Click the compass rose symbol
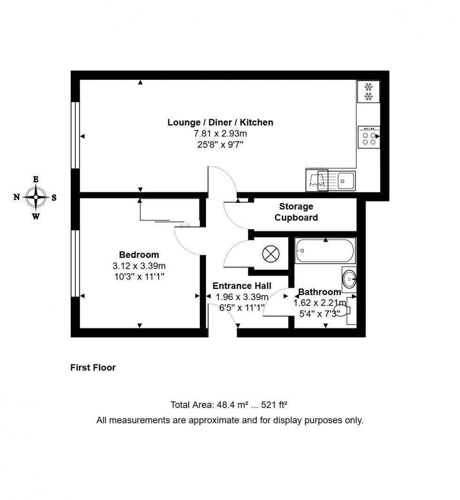pos(36,197)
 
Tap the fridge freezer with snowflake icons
pos(368,92)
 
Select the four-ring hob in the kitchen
pos(368,137)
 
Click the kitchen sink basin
pos(347,180)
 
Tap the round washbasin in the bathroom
pos(349,280)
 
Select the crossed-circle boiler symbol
pos(271,254)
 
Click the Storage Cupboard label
pos(296,212)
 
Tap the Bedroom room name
pos(139,255)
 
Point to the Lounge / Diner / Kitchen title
pos(220,123)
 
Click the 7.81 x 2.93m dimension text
pos(220,134)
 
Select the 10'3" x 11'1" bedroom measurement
pos(139,277)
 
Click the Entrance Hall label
pos(242,286)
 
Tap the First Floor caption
pos(93,368)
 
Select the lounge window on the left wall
pos(75,135)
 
